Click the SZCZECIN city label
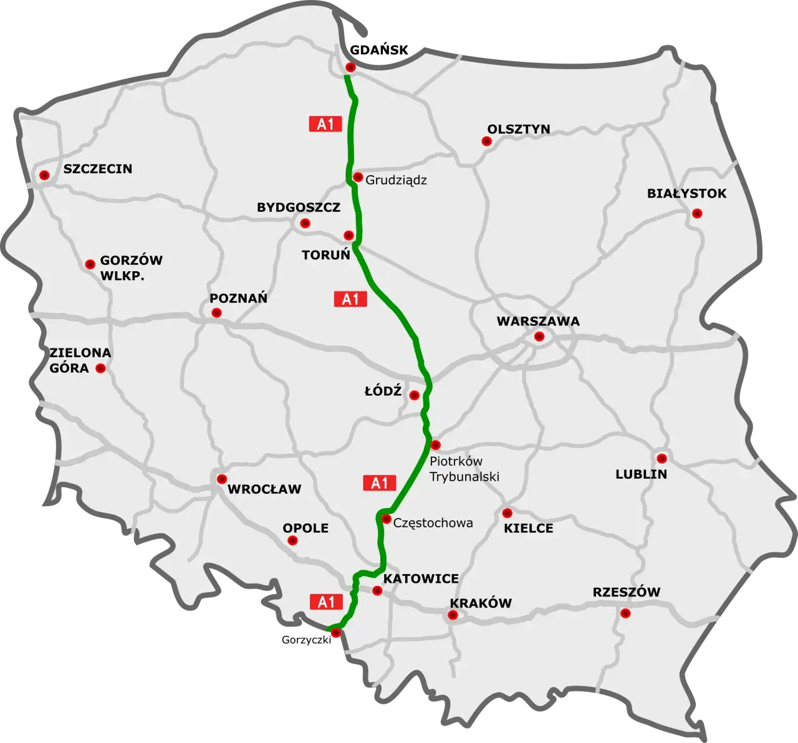pyautogui.click(x=98, y=169)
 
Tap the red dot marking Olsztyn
pyautogui.click(x=486, y=141)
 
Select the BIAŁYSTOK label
pyautogui.click(x=686, y=194)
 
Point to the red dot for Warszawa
pyautogui.click(x=539, y=337)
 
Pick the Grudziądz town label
pyautogui.click(x=397, y=180)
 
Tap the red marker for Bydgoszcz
pyautogui.click(x=305, y=223)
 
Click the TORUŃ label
pyautogui.click(x=327, y=255)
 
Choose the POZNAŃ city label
pyautogui.click(x=238, y=299)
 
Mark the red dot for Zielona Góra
pyautogui.click(x=100, y=368)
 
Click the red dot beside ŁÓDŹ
pyautogui.click(x=414, y=395)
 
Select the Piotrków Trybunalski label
pyautogui.click(x=464, y=469)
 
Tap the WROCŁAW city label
pyautogui.click(x=264, y=489)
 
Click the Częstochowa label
pyautogui.click(x=433, y=523)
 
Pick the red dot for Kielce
pyautogui.click(x=507, y=513)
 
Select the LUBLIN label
pyautogui.click(x=641, y=474)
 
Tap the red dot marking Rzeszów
pyautogui.click(x=625, y=613)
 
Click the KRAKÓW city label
pyautogui.click(x=481, y=603)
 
